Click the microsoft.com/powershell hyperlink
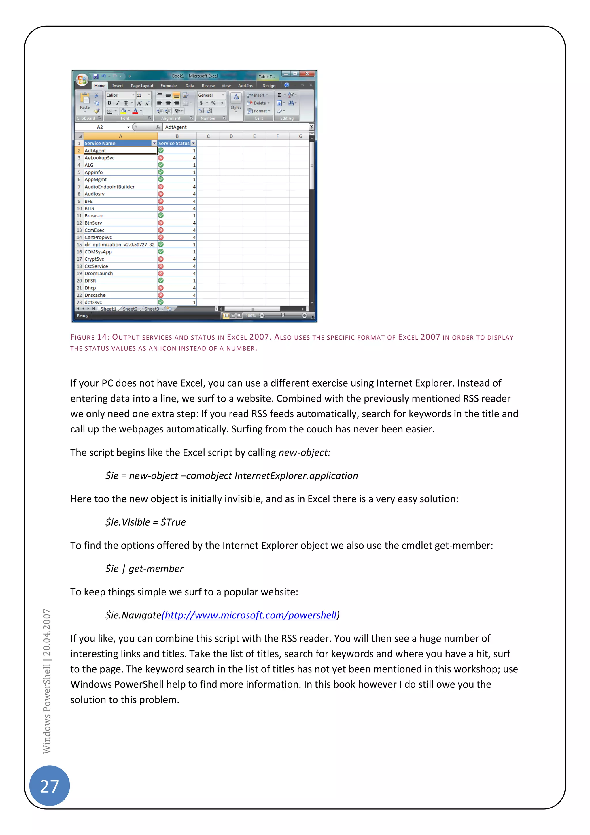pyautogui.click(x=251, y=615)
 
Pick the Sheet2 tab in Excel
pyautogui.click(x=130, y=309)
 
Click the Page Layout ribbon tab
pyautogui.click(x=142, y=86)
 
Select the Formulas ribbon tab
pyautogui.click(x=169, y=86)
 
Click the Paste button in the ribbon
pyautogui.click(x=85, y=102)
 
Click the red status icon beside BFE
pyautogui.click(x=160, y=201)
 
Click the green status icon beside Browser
pyautogui.click(x=160, y=215)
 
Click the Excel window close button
pyautogui.click(x=307, y=74)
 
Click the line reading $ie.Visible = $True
pyautogui.click(x=145, y=522)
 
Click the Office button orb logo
pyautogui.click(x=82, y=79)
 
